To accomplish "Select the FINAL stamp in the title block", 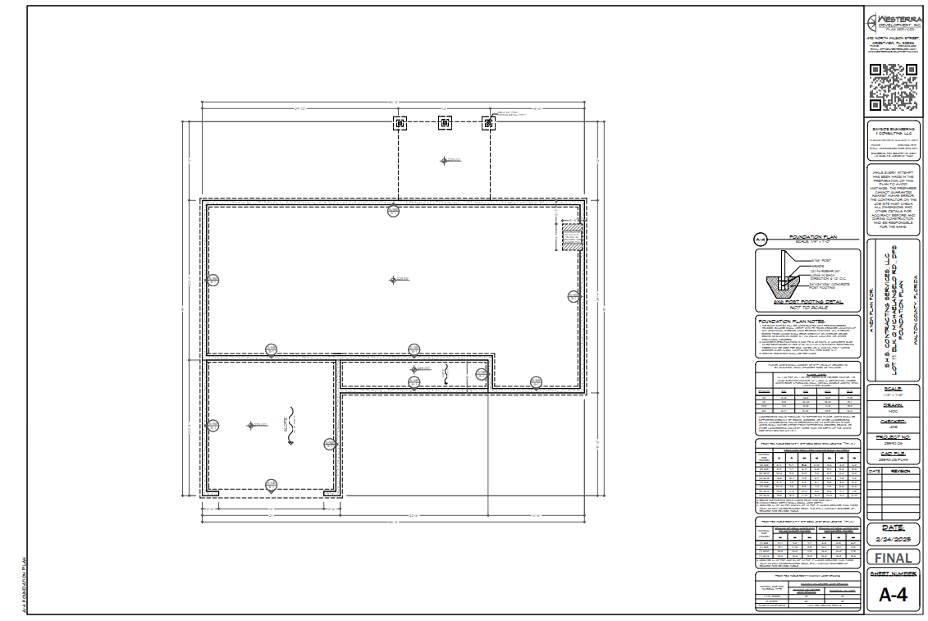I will click(893, 558).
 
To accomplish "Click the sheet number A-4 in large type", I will click(893, 596).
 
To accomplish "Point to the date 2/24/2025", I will click(893, 538).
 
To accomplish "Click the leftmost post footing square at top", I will click(400, 123).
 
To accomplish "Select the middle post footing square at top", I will click(445, 123).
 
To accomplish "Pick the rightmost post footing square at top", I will click(489, 123).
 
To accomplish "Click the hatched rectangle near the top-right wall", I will click(570, 237).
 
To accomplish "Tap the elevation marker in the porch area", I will click(445, 161).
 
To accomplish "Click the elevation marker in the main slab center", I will click(393, 280).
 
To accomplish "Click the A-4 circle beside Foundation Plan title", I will click(761, 240).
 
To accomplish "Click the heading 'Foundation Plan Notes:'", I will click(790, 321).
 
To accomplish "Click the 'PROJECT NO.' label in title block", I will click(893, 438).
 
